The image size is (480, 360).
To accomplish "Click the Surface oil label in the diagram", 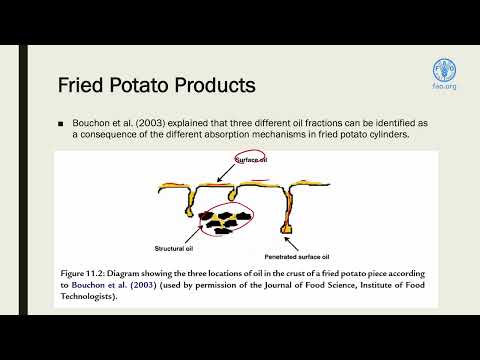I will [x=253, y=159].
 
